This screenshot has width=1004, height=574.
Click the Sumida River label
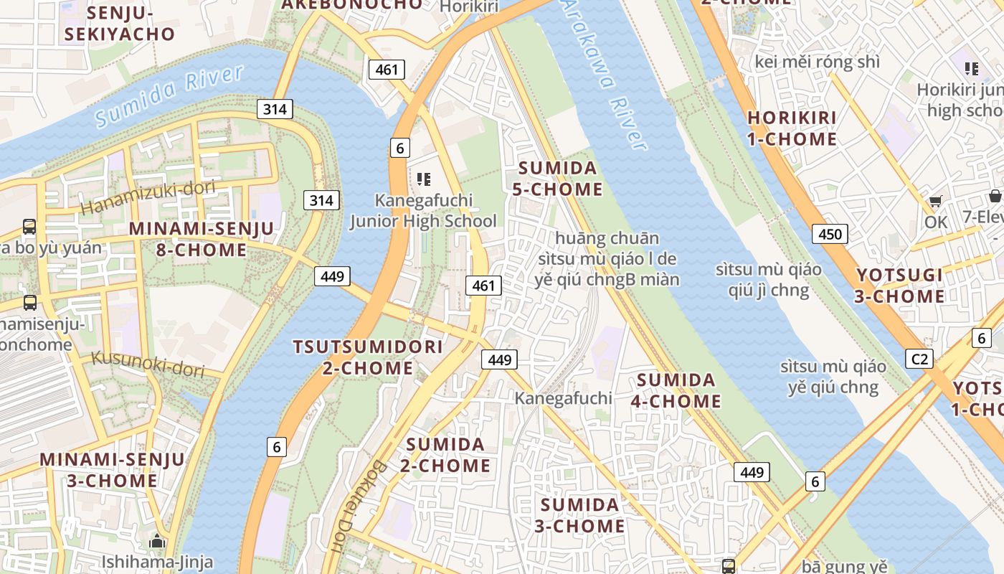(169, 96)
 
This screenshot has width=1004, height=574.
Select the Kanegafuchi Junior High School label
(423, 210)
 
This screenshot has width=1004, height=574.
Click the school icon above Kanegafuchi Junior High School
(423, 179)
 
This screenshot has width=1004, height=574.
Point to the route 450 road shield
(830, 233)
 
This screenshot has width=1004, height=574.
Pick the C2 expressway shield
(919, 359)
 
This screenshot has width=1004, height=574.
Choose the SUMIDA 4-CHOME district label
(676, 390)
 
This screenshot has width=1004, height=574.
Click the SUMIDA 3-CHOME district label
(579, 515)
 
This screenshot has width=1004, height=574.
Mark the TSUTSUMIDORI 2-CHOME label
(368, 357)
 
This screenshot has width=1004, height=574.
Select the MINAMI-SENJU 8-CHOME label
(202, 240)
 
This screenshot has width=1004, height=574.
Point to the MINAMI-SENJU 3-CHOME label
(113, 470)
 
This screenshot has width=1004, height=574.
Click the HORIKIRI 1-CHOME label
(792, 128)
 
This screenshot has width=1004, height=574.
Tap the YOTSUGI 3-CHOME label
(900, 286)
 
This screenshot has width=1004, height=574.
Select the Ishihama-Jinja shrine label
(157, 561)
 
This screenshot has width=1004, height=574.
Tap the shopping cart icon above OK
(935, 202)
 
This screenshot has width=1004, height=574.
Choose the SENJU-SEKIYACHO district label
(119, 24)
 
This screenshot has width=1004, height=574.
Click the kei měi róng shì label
(817, 62)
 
